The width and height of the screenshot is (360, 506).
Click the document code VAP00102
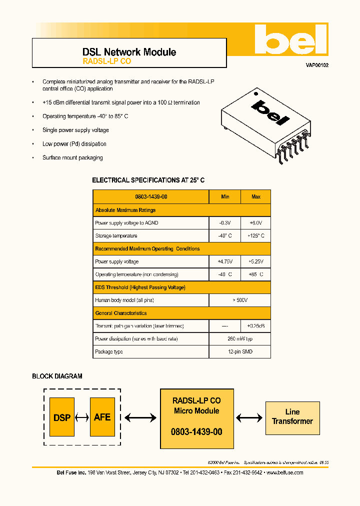tap(317, 65)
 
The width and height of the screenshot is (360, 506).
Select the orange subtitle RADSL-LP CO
tap(106, 61)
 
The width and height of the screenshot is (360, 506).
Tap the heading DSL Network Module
tap(129, 52)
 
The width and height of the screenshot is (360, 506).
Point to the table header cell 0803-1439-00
tap(151, 197)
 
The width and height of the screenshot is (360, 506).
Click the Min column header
tap(225, 197)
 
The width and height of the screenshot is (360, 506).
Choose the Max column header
tap(255, 197)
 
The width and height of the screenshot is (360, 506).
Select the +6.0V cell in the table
tap(255, 223)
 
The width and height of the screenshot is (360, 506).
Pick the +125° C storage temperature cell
tap(255, 236)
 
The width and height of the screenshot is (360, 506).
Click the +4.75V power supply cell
tap(225, 262)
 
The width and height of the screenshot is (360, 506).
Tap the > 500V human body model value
tap(240, 300)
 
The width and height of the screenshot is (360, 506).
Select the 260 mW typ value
tap(240, 339)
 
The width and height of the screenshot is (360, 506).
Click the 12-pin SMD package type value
tap(240, 352)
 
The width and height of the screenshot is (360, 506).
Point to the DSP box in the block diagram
tap(62, 417)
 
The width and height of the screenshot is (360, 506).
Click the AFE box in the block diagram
tap(102, 417)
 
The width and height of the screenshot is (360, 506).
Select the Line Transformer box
tap(292, 417)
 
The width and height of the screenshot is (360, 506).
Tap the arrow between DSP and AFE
tap(82, 417)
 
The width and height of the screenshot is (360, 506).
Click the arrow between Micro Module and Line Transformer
tap(249, 417)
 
